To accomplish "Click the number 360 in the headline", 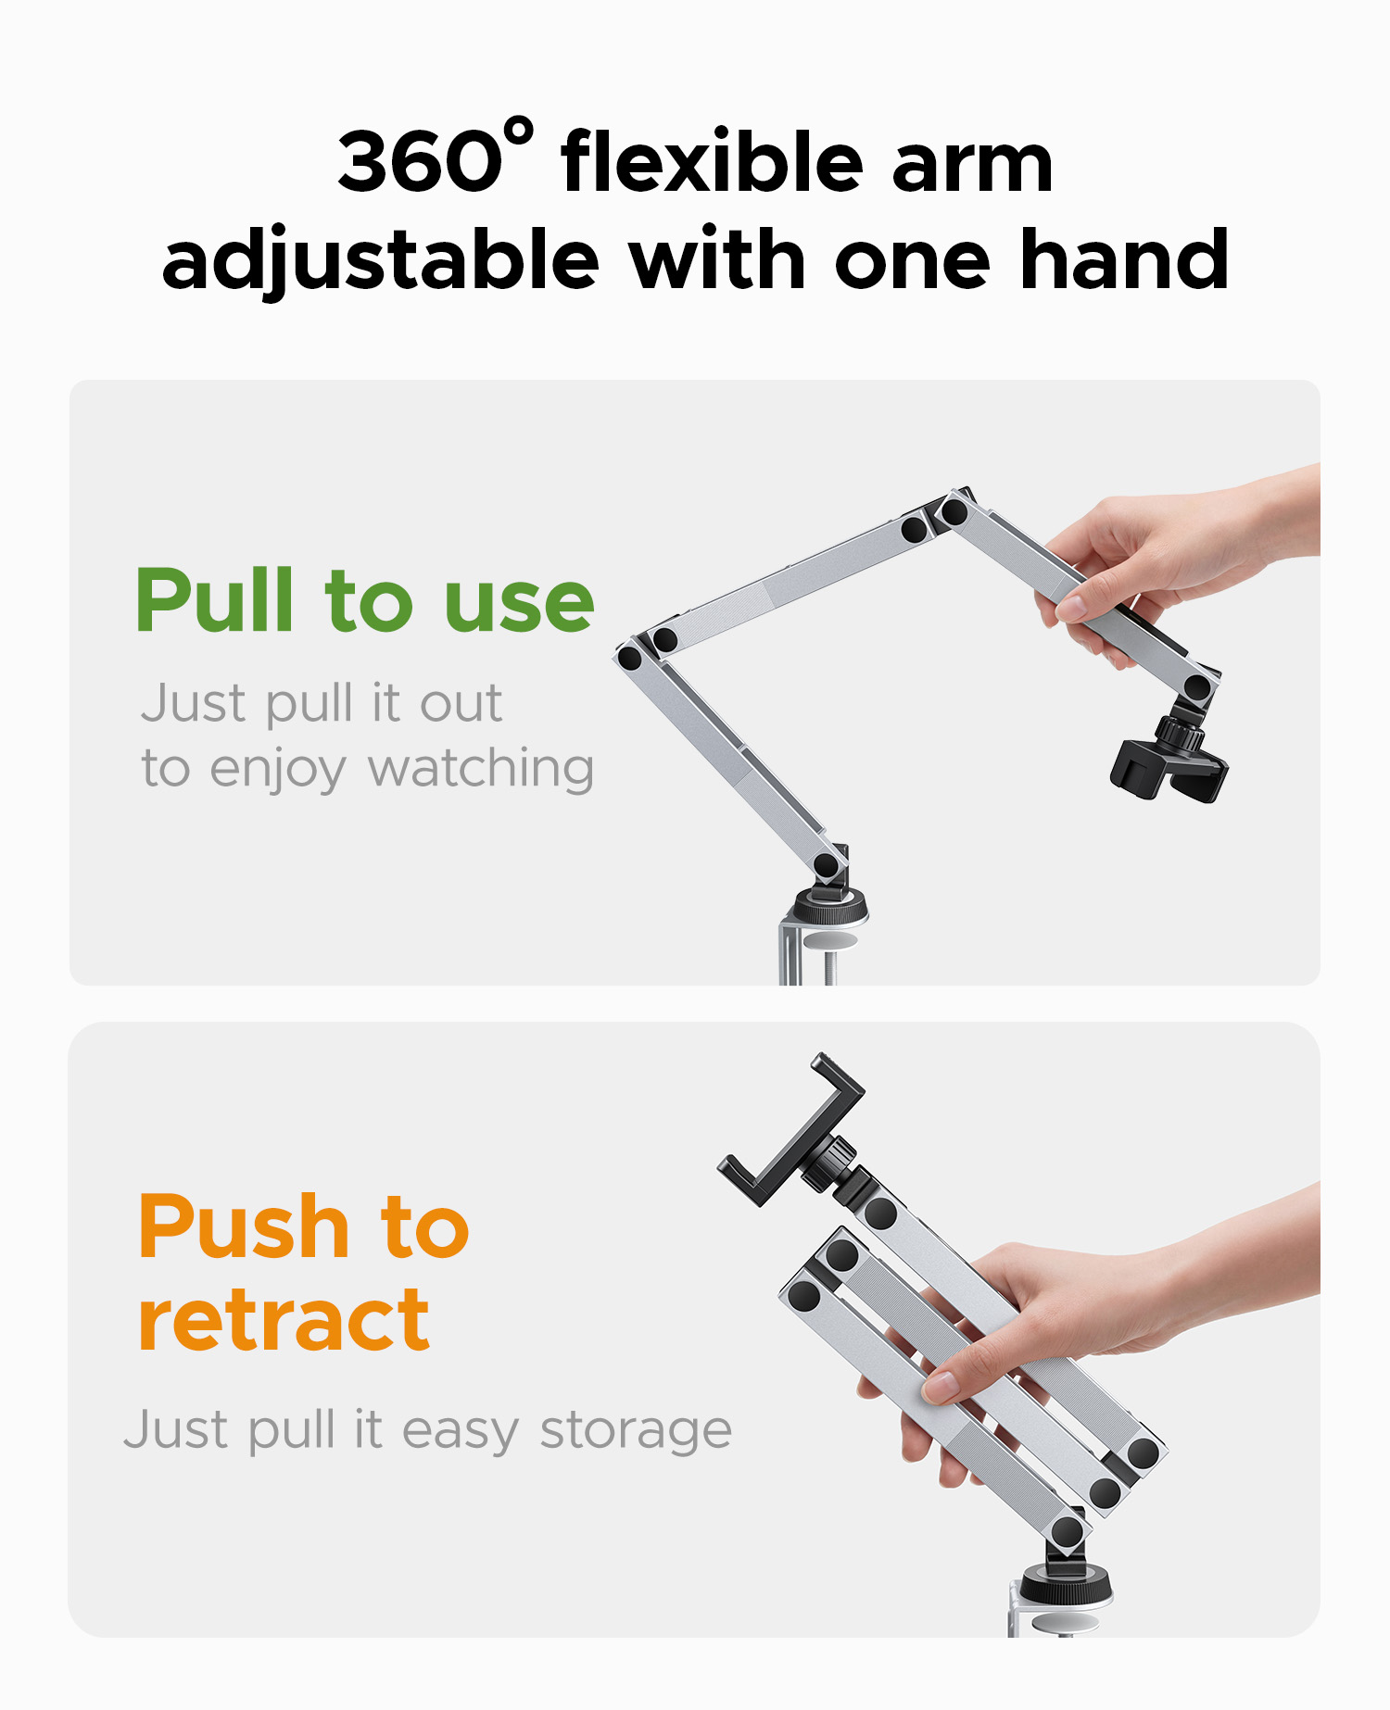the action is [x=420, y=162].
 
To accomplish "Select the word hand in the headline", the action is [x=1124, y=259].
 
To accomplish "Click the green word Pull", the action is [x=216, y=600].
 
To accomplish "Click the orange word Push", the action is [x=244, y=1226].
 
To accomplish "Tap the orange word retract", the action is [x=284, y=1320].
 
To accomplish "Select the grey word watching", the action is [x=481, y=771].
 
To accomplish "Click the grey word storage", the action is [x=636, y=1432].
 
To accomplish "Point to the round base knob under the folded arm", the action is [x=1066, y=1584].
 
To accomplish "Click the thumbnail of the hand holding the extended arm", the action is [x=1071, y=608].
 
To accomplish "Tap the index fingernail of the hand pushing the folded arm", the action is [x=940, y=1387].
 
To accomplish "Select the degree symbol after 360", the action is [x=521, y=131].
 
